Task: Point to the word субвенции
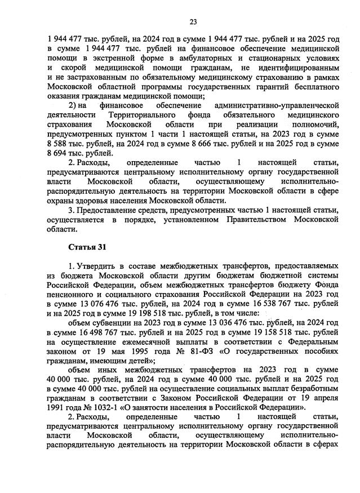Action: (x=109, y=322)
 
